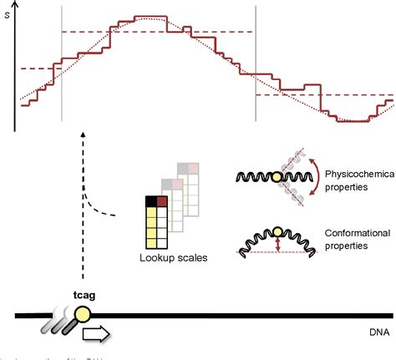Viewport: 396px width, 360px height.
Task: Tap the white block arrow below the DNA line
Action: pyautogui.click(x=97, y=336)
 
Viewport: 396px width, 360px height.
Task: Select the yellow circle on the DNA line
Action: pyautogui.click(x=85, y=315)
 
